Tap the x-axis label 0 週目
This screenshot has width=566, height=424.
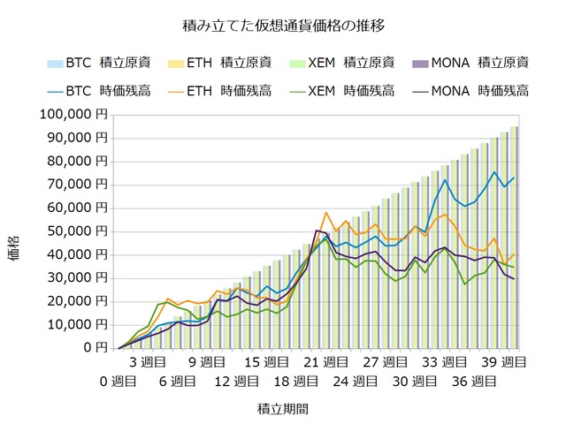[x=118, y=382]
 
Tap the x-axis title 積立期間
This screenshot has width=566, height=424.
[x=283, y=409]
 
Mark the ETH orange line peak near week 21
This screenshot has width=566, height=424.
[x=326, y=213]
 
